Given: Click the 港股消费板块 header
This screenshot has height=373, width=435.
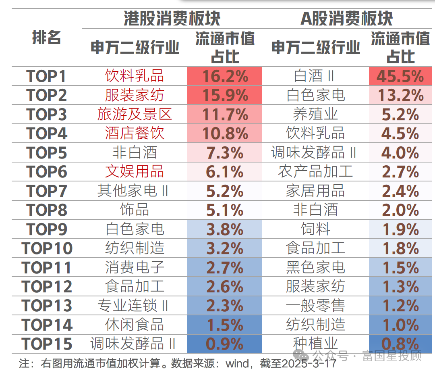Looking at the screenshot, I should tap(172, 19).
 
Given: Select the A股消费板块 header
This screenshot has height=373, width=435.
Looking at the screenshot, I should tap(346, 19).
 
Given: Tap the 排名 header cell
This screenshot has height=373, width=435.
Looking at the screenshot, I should tap(46, 38).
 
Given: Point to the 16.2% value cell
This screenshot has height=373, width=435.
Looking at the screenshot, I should tap(225, 76).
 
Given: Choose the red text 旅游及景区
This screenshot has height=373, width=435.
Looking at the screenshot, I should tap(135, 114).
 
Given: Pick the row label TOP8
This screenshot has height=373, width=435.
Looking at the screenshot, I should tap(46, 210).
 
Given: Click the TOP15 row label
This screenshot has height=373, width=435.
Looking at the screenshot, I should tap(46, 344).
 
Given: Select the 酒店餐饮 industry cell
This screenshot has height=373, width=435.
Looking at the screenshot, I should tap(135, 133).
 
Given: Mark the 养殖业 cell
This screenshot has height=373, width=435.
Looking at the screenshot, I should tap(315, 114).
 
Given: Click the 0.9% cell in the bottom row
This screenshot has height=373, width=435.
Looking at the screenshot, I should tap(225, 344).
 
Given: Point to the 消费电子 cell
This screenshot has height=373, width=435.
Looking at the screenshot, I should tap(135, 267).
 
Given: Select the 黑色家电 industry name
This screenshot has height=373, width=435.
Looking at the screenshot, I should tap(315, 267).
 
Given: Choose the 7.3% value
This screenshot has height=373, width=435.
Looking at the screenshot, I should tap(225, 153).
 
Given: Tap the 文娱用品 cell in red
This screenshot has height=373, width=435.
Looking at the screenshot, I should tap(135, 172).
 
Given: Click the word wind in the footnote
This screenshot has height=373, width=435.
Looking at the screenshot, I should tap(237, 364).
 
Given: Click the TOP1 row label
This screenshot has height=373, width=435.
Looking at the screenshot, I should tap(46, 76).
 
